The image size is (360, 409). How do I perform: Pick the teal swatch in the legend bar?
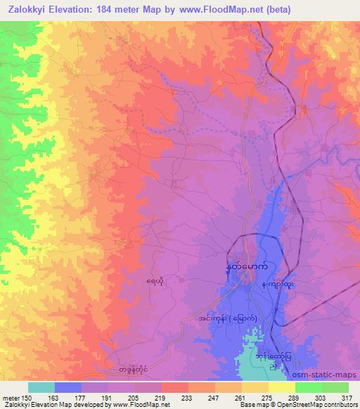point(41,388)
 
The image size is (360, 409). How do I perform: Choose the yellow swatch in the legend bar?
point(282,388)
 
